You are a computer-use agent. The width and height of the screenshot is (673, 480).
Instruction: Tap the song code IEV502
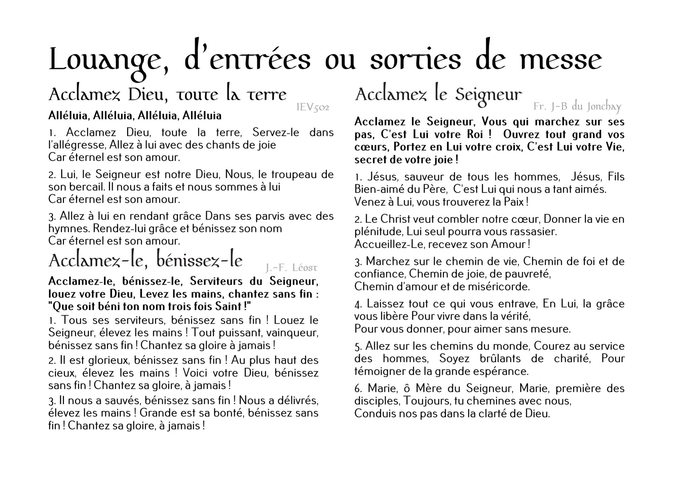pos(313,107)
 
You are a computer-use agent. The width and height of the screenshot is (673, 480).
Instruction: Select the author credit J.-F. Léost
pos(291,268)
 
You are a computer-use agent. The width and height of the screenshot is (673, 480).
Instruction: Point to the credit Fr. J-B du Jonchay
pos(577,107)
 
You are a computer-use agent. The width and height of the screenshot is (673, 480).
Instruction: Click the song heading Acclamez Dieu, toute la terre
pos(168,95)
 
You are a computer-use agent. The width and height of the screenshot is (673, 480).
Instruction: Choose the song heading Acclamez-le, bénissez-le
pos(146,261)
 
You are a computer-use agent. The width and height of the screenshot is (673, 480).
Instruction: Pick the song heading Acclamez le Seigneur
pos(438,95)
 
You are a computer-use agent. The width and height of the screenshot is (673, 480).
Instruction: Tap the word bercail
pos(79,187)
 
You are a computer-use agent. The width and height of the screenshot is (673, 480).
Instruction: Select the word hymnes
pos(69,229)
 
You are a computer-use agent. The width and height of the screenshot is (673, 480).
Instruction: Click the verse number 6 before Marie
pos(358,389)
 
